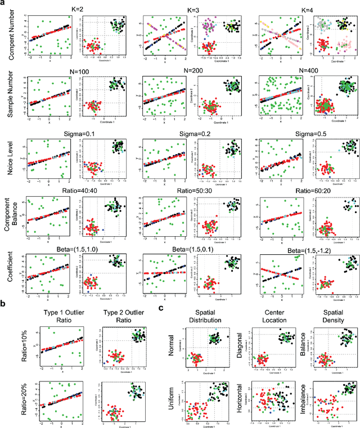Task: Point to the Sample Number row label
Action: tap(11, 97)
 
